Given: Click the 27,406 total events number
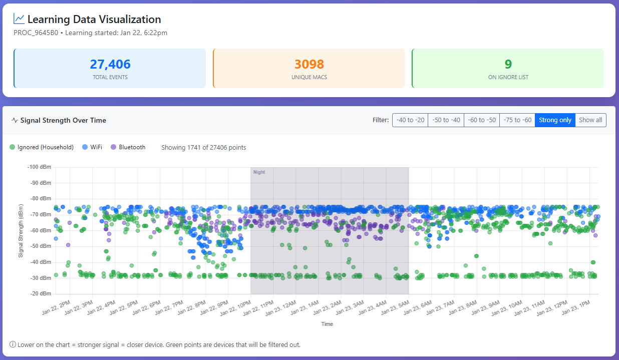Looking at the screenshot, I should [x=110, y=64].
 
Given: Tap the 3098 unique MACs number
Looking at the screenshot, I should [x=309, y=64].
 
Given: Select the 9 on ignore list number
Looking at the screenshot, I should [x=508, y=64].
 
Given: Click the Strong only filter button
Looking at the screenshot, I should [x=555, y=120].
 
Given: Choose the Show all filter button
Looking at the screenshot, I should [x=590, y=120].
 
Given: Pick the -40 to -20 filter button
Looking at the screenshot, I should [x=410, y=120].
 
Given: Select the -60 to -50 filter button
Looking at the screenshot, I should [x=481, y=120].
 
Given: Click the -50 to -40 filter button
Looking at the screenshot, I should [x=446, y=120].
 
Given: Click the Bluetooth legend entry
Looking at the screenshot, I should [x=128, y=147].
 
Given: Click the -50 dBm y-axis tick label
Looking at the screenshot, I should [x=41, y=246].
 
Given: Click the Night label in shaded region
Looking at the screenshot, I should [x=259, y=172].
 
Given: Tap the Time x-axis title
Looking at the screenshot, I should [x=327, y=324].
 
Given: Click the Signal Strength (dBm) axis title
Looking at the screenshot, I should [x=21, y=230].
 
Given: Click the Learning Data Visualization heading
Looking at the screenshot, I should [x=94, y=20].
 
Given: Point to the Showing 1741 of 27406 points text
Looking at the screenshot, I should [x=203, y=147].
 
